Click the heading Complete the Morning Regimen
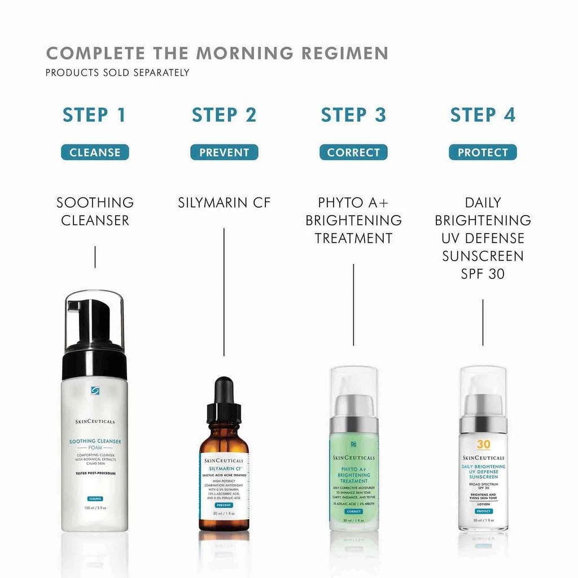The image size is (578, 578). pos(217,53)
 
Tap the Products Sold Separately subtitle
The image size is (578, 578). pos(117,72)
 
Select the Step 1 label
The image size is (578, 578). pos(94,115)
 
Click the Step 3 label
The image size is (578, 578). pos(353,115)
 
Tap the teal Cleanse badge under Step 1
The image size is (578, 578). pos(95,152)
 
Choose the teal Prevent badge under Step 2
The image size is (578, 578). pos(224,152)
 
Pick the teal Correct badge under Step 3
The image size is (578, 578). pos(353,152)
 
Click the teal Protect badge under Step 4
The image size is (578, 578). pos(483,152)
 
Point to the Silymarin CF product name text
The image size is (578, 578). pos(224,203)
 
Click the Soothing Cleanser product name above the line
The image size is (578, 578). pos(95,211)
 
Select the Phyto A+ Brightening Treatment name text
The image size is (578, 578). pos(353,220)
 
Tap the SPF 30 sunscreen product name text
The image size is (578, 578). pos(483,238)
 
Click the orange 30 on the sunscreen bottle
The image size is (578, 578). pos(483,444)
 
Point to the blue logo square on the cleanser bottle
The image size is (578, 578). pos(95,390)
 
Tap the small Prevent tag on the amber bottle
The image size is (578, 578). pos(224,505)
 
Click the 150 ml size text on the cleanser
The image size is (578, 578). pos(95,508)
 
